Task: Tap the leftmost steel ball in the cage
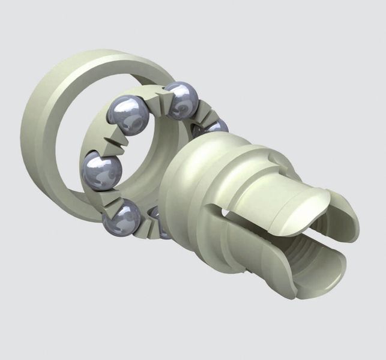pos(100,170)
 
